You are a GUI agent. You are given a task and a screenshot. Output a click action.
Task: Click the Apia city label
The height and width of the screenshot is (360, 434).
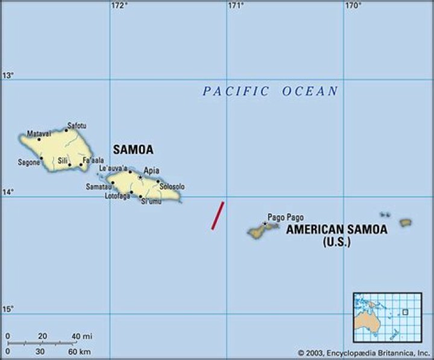coord(151,171)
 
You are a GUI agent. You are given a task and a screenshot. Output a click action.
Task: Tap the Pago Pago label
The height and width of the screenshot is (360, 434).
coord(286,217)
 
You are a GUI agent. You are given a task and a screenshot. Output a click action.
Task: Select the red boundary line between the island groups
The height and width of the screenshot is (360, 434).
coord(218,216)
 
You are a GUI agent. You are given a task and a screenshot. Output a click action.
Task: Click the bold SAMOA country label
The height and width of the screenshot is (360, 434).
coord(133,150)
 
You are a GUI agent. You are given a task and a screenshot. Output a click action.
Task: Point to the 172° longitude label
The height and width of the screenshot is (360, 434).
coord(119,6)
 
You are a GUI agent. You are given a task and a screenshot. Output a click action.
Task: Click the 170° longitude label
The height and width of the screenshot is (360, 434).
coord(353,6)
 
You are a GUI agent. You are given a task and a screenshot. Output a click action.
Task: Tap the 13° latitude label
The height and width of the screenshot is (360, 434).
coord(8,75)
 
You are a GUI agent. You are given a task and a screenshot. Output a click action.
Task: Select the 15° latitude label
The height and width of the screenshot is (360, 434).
coord(8,309)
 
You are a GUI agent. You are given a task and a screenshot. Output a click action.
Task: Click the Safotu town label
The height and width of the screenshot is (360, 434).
coord(77,125)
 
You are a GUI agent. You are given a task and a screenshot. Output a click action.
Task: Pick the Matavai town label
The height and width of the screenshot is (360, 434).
coord(39,133)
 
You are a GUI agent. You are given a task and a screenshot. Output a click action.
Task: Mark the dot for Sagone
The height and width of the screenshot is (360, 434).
coord(41,159)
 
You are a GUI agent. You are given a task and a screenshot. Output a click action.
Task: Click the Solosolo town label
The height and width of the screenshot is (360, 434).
coord(172,187)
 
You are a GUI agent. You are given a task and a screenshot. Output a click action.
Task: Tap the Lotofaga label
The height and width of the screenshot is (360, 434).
coord(118,195)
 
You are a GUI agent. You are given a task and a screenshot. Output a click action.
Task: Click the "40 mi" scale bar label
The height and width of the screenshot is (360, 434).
coord(82,336)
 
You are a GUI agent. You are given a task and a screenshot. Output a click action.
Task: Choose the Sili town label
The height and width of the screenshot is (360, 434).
coord(63,160)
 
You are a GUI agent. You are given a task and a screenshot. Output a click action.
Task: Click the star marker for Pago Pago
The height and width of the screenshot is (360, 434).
coord(265,224)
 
